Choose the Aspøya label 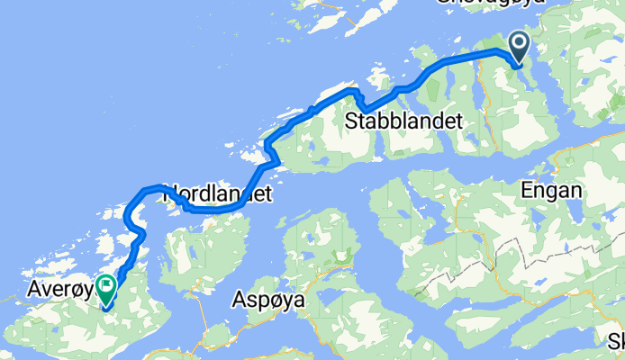[x=269, y=300]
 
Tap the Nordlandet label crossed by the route [x=216, y=193]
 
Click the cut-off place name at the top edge [x=491, y=4]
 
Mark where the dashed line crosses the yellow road [x=494, y=261]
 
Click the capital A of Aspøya [x=240, y=299]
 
